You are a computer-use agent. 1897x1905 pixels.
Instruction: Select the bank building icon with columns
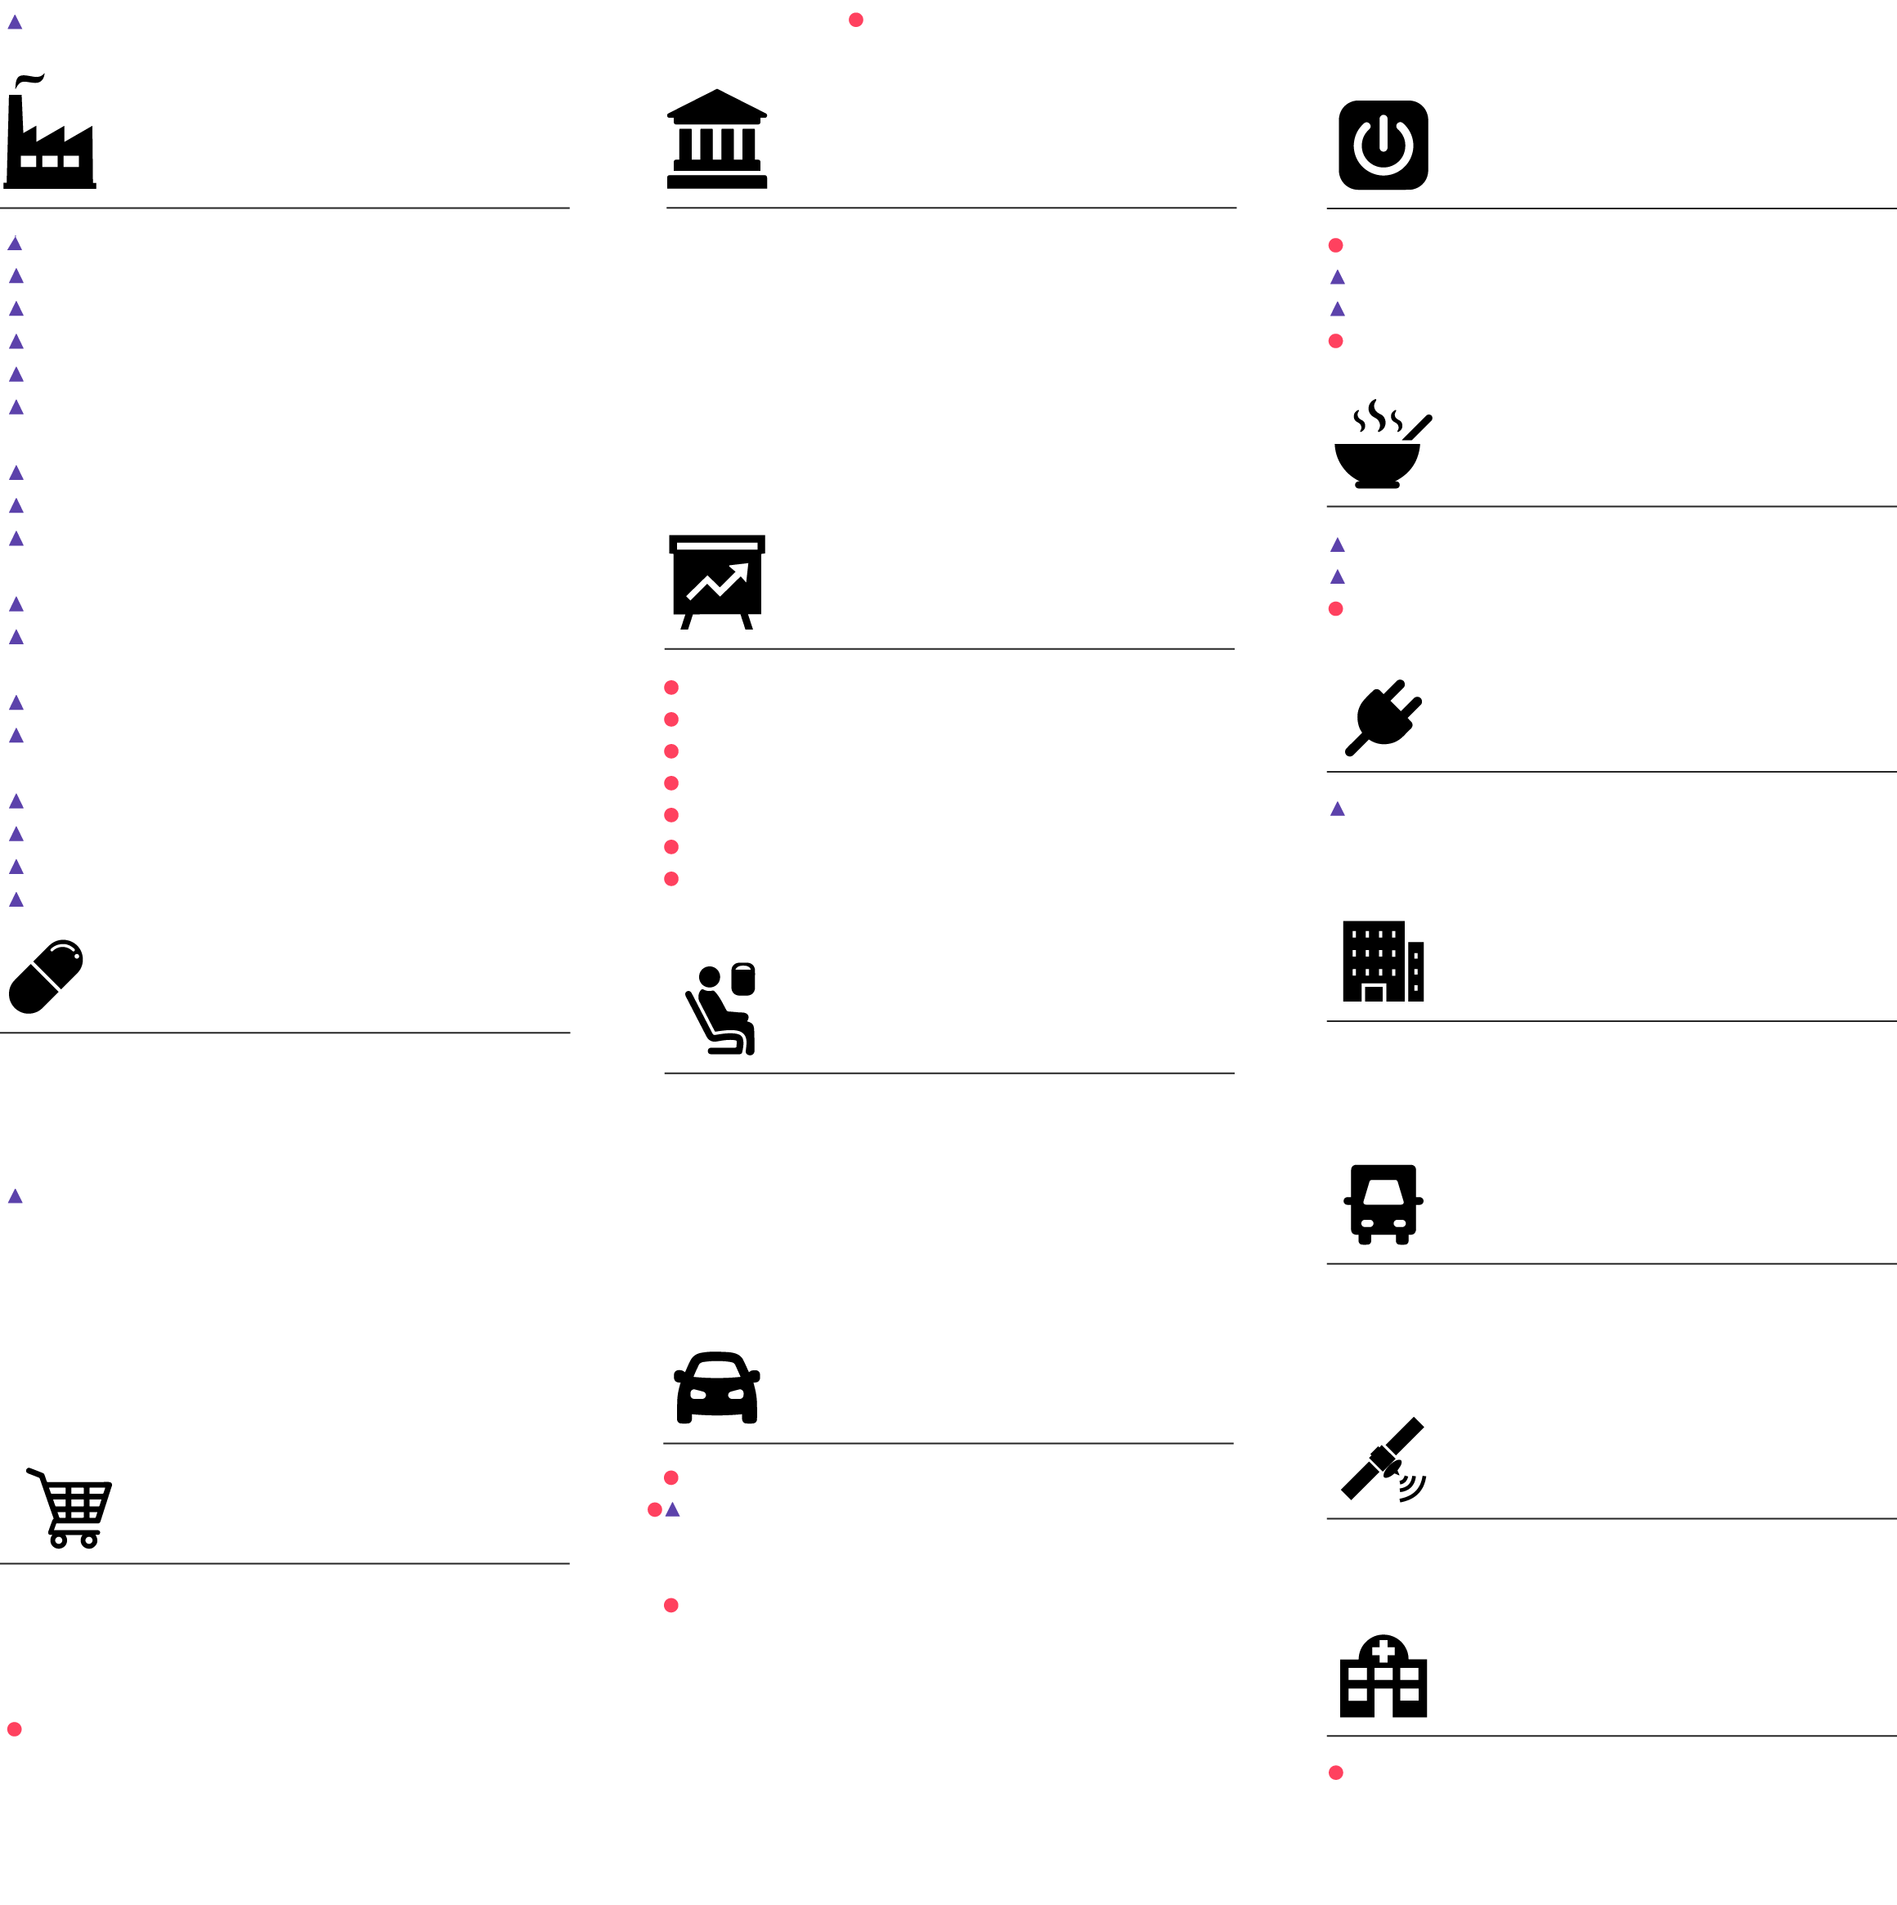coord(717,139)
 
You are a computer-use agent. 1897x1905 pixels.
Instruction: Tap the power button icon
coord(1384,145)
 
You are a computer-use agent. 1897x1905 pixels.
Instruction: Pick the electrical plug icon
coord(1384,718)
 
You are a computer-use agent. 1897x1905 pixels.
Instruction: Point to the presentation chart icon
coord(717,582)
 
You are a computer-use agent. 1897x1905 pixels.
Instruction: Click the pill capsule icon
coord(45,976)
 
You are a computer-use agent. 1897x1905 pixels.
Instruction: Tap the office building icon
coord(1383,961)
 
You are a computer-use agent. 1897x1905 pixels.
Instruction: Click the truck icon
coord(1384,1204)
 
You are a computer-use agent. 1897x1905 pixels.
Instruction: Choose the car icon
coord(717,1387)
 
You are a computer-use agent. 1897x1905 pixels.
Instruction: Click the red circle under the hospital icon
coord(1336,1773)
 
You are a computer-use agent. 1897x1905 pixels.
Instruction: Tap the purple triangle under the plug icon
coord(1337,809)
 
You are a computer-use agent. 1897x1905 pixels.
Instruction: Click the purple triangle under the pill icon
coord(15,1197)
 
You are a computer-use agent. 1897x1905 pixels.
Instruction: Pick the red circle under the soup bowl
coord(1336,608)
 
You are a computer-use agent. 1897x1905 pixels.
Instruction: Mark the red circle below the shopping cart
coord(15,1729)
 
